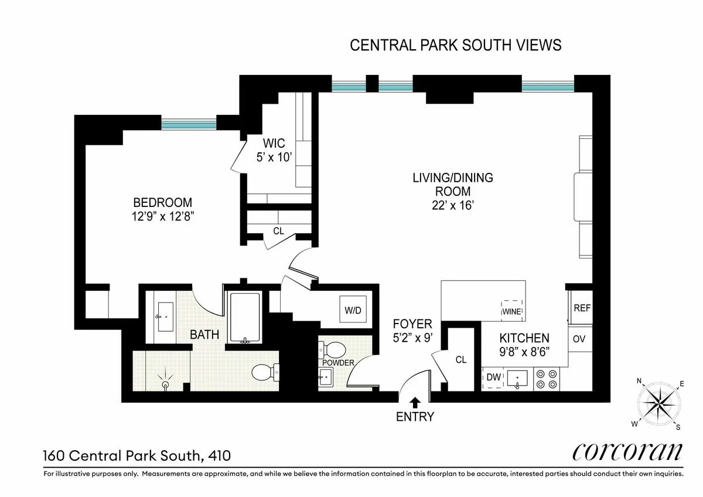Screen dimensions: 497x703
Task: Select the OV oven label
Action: pyautogui.click(x=579, y=339)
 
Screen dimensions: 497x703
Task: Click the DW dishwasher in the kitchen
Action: pyautogui.click(x=494, y=378)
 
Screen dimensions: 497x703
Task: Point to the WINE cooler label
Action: pyautogui.click(x=511, y=312)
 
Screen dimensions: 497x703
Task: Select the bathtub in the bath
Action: pyautogui.click(x=245, y=316)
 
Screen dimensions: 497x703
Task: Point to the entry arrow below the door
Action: pyautogui.click(x=415, y=402)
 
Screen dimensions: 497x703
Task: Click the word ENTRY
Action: pyautogui.click(x=415, y=417)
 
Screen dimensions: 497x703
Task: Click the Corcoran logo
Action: pyautogui.click(x=627, y=452)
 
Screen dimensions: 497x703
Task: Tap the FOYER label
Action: pyautogui.click(x=412, y=324)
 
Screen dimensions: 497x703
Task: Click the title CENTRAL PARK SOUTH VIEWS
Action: pyautogui.click(x=455, y=45)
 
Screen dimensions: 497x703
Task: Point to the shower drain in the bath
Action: pyautogui.click(x=166, y=384)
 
